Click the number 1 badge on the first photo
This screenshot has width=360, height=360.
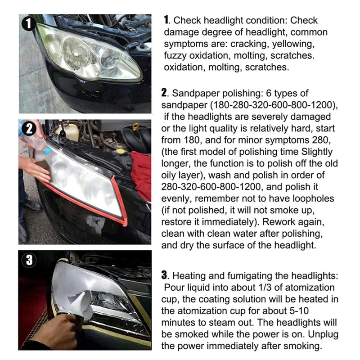tap(29, 23)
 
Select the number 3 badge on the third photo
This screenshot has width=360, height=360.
tap(29, 260)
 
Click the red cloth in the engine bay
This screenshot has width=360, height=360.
tap(141, 173)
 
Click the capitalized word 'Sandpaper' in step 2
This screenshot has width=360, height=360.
tap(194, 94)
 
